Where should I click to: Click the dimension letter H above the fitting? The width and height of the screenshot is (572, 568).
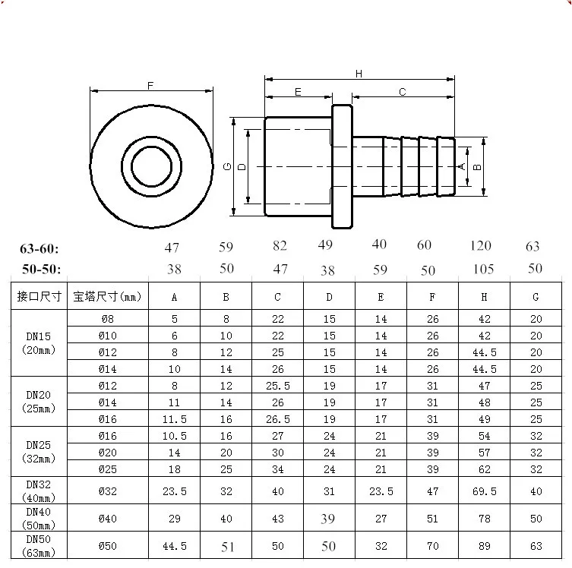click(x=359, y=74)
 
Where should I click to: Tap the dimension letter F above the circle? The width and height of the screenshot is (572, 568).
click(x=150, y=86)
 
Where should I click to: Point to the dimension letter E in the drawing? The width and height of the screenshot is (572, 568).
click(x=298, y=92)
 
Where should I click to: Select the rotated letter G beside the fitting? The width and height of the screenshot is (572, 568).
click(x=227, y=166)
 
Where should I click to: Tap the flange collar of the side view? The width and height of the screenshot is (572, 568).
click(x=342, y=166)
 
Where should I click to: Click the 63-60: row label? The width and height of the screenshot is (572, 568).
click(x=39, y=249)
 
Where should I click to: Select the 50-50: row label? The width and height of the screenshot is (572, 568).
click(x=41, y=270)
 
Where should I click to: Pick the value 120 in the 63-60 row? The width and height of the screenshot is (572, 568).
click(x=480, y=246)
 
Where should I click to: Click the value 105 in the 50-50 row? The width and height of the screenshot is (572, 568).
click(x=483, y=270)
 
